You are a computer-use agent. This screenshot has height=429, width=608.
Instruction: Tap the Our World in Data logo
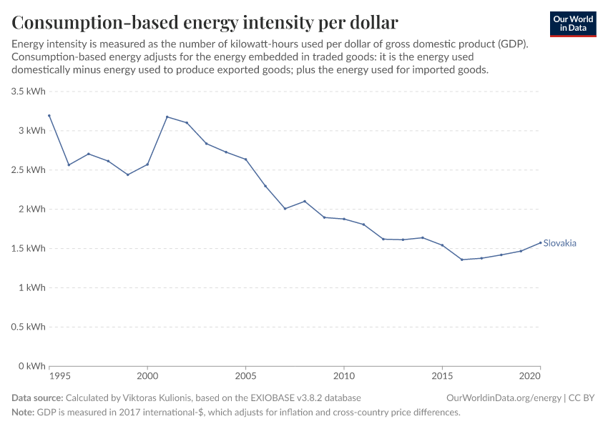coord(572,24)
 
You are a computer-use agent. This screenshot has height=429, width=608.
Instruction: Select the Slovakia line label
coord(559,243)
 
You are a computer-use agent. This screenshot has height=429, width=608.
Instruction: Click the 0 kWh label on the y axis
coord(32,366)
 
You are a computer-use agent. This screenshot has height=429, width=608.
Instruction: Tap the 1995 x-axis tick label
coord(60,375)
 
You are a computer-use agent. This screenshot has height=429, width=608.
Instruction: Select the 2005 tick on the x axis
coord(246,375)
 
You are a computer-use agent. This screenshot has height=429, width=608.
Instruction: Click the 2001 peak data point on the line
coord(167,117)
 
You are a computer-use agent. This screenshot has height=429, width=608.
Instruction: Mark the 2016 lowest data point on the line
coord(462,260)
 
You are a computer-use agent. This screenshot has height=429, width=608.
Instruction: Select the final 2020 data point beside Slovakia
coord(541,242)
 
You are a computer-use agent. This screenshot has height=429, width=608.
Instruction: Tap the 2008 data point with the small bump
coord(305,201)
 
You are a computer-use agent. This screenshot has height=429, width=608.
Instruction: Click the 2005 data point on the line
coord(246,159)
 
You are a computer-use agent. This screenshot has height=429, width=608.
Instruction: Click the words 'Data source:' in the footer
coord(37,398)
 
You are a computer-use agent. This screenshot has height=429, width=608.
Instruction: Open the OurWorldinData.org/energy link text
coord(503,398)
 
